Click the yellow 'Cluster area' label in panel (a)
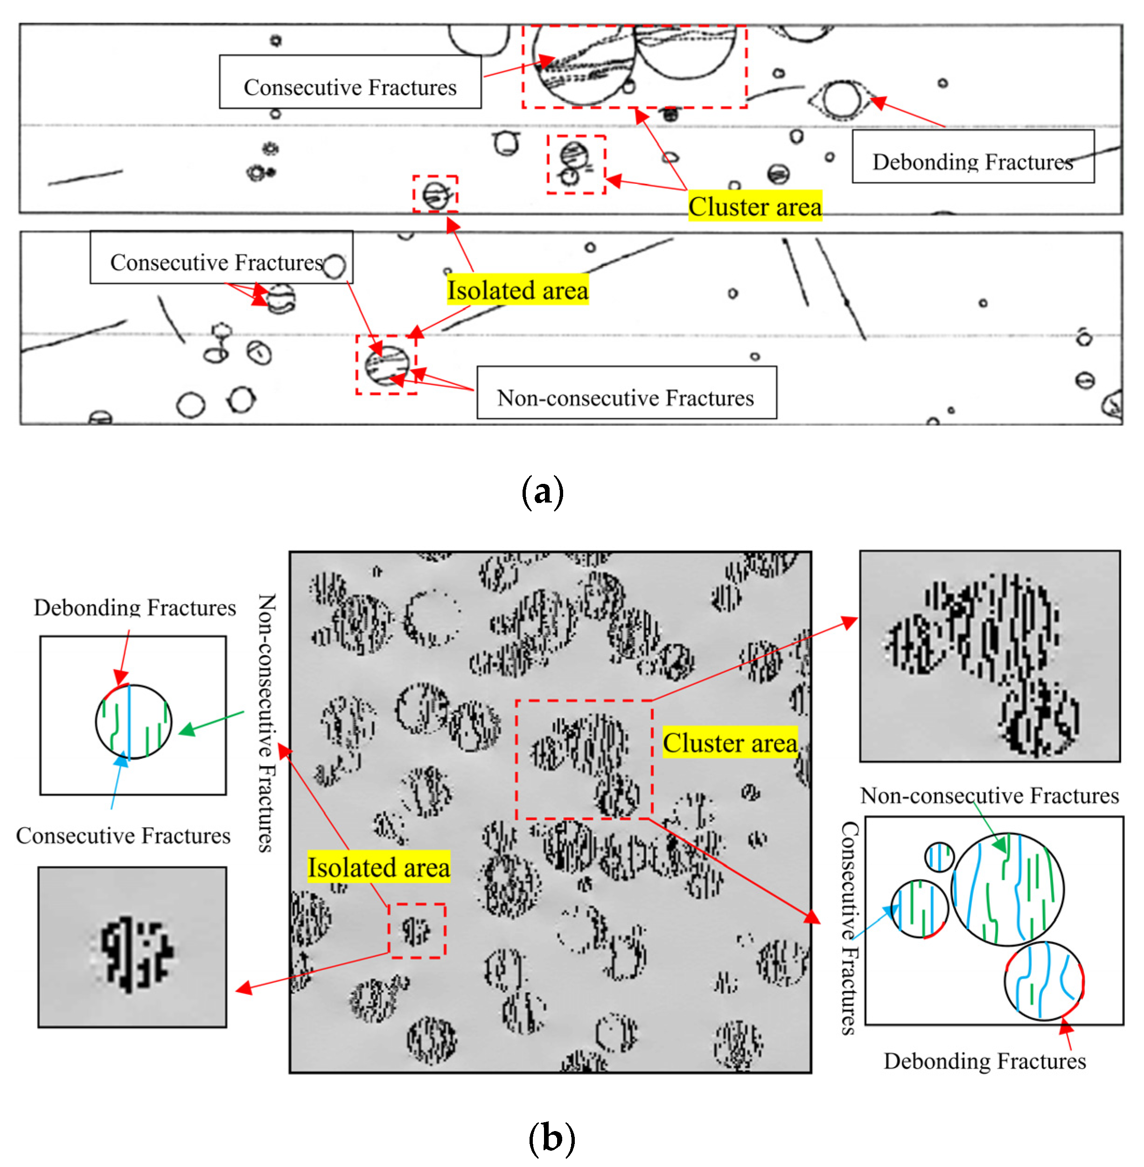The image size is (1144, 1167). point(754,206)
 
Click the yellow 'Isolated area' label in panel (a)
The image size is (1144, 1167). point(517,290)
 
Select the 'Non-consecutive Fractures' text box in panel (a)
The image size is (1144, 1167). point(626,392)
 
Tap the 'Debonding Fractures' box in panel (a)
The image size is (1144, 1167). point(972,157)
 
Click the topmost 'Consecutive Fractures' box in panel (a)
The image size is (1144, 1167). point(350,82)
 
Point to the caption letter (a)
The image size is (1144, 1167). point(542,491)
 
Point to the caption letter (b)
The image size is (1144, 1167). point(551,1138)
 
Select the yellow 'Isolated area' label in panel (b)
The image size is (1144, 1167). point(378,867)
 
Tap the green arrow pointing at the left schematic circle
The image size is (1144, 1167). point(210,721)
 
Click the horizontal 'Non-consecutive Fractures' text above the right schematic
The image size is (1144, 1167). point(989,796)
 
